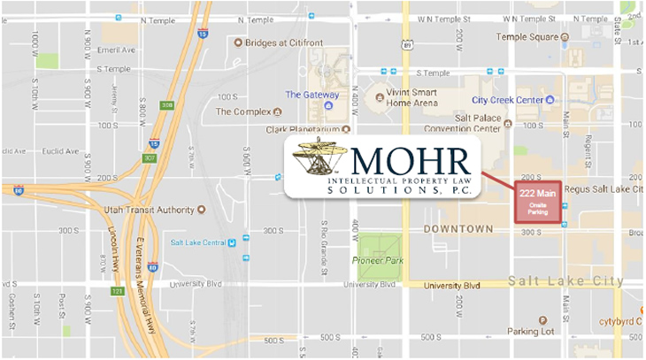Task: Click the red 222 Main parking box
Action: coord(538,203)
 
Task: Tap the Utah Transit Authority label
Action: coord(149,210)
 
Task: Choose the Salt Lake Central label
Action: coord(198,241)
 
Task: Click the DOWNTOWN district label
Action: coord(458,229)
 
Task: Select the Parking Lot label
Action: coord(529,331)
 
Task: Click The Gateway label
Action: coord(311,95)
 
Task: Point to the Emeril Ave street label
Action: coord(117,50)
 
